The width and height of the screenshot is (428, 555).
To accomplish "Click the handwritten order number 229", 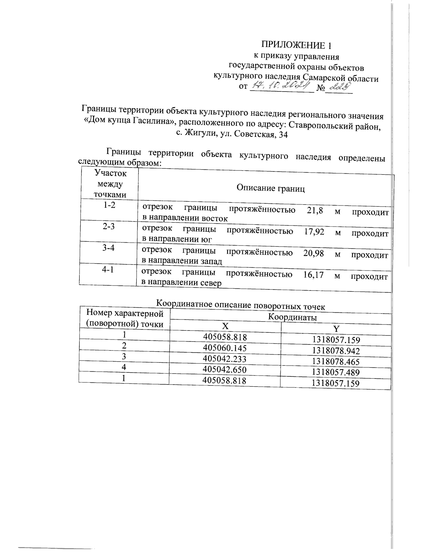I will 339,86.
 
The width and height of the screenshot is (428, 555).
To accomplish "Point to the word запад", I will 209,261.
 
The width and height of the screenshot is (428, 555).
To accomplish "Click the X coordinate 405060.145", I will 225,348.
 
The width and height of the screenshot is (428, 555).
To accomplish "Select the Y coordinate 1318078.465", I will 336,362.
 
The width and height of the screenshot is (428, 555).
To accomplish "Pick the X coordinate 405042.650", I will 224,370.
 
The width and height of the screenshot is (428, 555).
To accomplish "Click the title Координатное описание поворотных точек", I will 241,305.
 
